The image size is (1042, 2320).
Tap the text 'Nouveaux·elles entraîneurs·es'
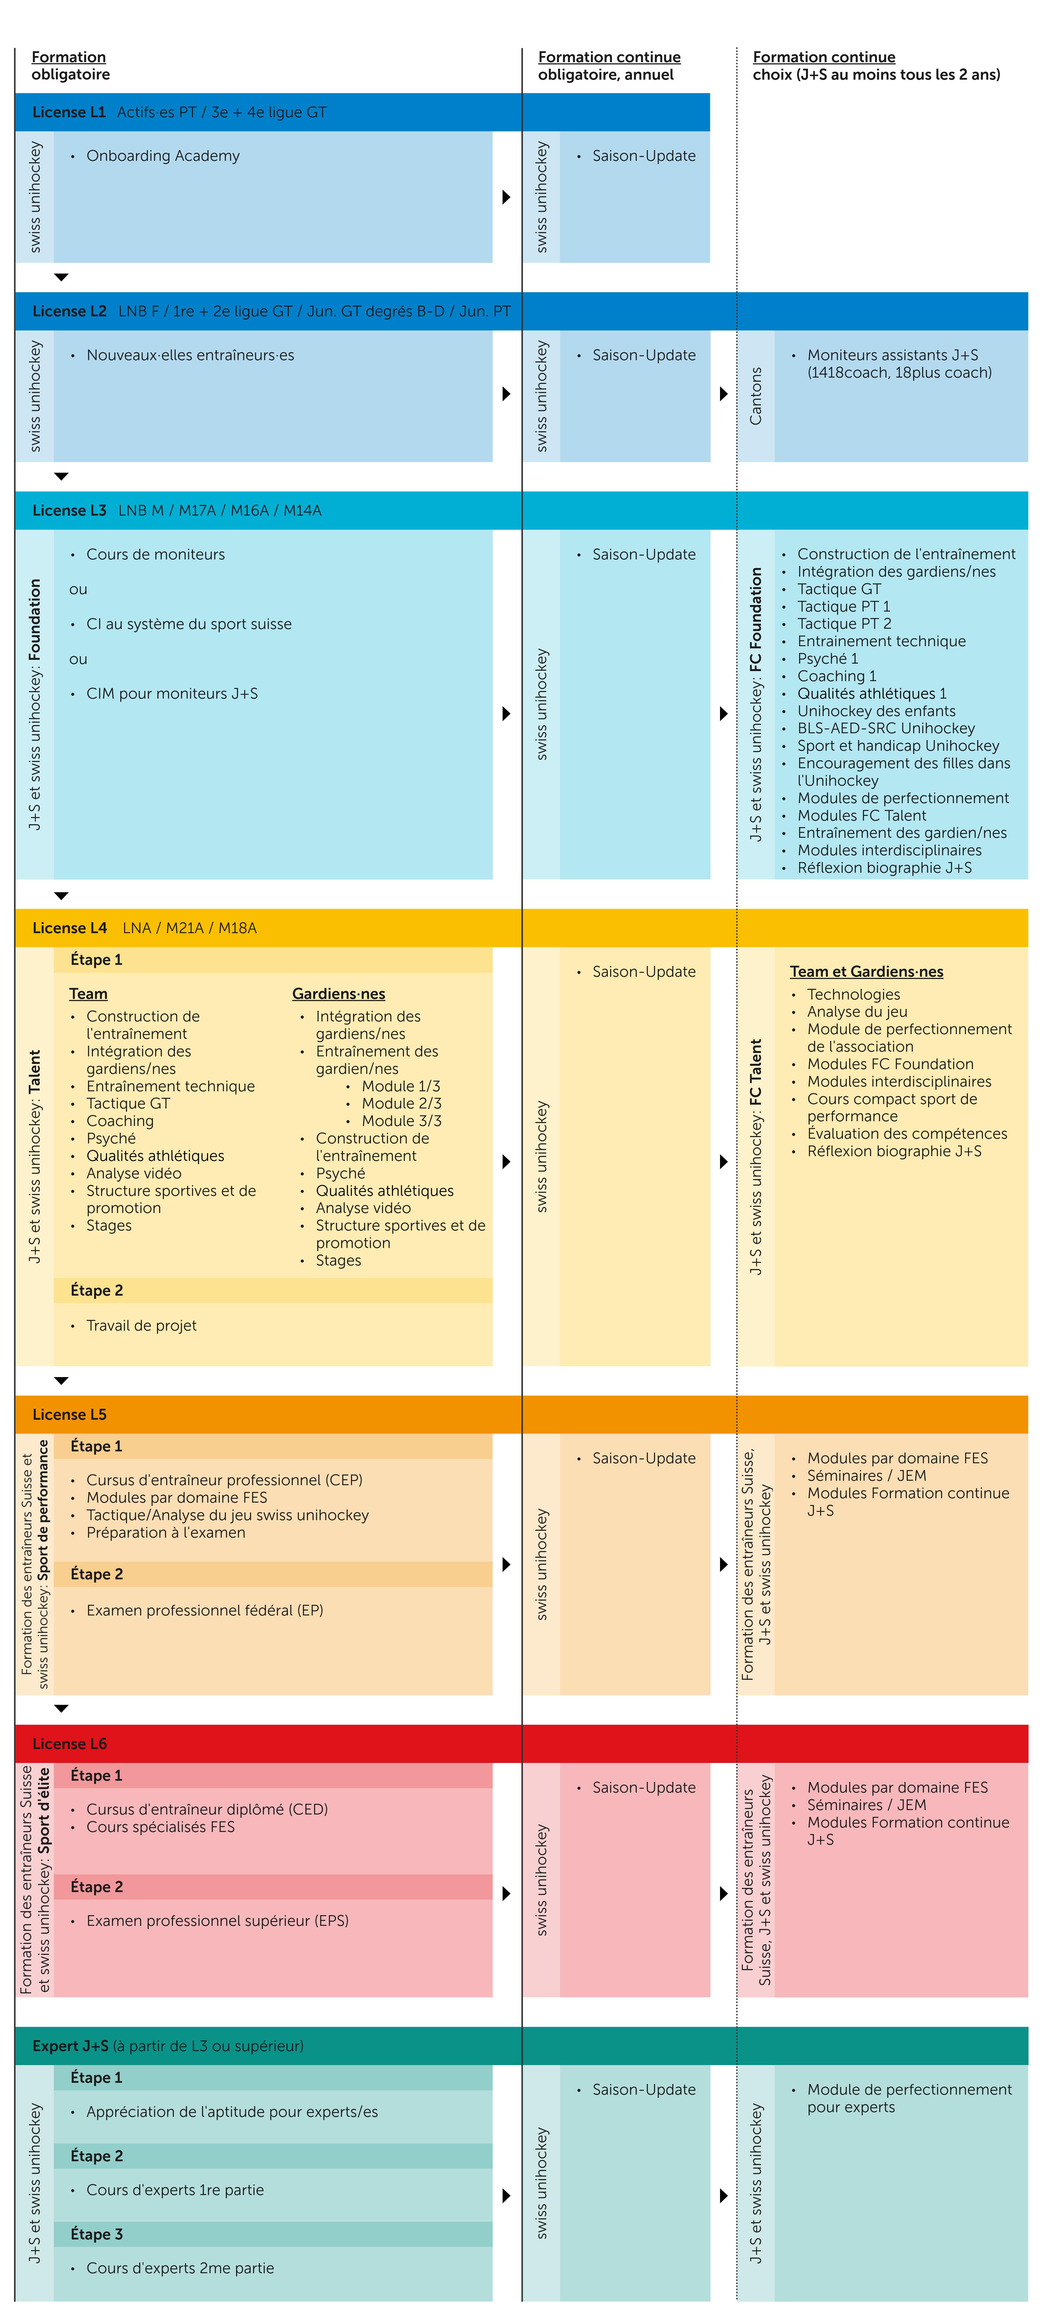click(190, 355)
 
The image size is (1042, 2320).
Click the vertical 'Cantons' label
click(756, 396)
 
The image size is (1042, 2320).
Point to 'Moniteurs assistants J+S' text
click(892, 355)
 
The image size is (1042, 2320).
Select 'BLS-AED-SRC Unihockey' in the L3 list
click(885, 728)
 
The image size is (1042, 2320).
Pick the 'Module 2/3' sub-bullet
click(401, 1103)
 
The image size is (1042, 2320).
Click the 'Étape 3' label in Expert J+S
click(96, 2234)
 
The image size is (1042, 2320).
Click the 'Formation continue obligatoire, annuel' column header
click(609, 66)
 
